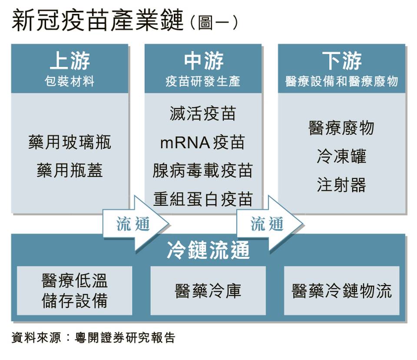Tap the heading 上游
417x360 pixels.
(69, 60)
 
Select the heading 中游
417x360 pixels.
(203, 60)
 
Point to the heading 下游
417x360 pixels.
(342, 60)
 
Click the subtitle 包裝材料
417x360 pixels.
(69, 81)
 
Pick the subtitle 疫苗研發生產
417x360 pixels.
(203, 81)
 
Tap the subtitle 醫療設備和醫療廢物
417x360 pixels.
(342, 81)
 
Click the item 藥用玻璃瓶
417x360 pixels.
(70, 142)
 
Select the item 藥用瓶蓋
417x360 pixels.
(70, 170)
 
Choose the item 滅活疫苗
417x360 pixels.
(203, 114)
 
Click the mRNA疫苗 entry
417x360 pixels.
(203, 142)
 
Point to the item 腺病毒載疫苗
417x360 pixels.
(203, 170)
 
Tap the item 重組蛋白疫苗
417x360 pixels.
(203, 199)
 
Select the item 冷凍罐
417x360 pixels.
(341, 156)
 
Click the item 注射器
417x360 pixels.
(341, 185)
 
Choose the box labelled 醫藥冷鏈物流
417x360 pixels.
(341, 290)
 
